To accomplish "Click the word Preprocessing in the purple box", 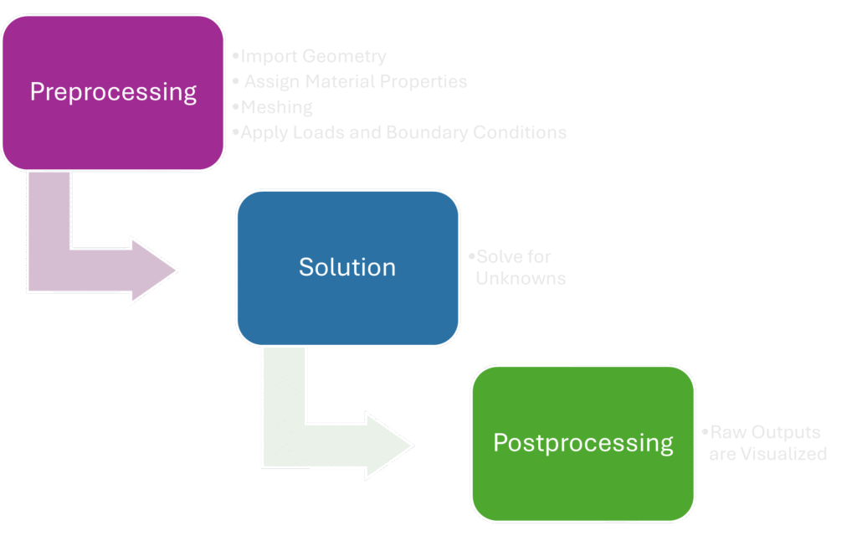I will tap(113, 91).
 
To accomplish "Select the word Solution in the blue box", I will tap(347, 267).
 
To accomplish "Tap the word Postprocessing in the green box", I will tap(583, 442).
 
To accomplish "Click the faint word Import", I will tap(269, 57).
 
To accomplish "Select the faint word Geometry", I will tap(344, 57).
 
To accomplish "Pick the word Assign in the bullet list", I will tap(270, 82).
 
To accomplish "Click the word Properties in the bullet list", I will tap(423, 82).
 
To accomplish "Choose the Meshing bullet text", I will tap(277, 107).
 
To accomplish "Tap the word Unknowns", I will tap(521, 278).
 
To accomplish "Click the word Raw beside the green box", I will tap(728, 433).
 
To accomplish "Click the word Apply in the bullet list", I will tap(265, 132).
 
